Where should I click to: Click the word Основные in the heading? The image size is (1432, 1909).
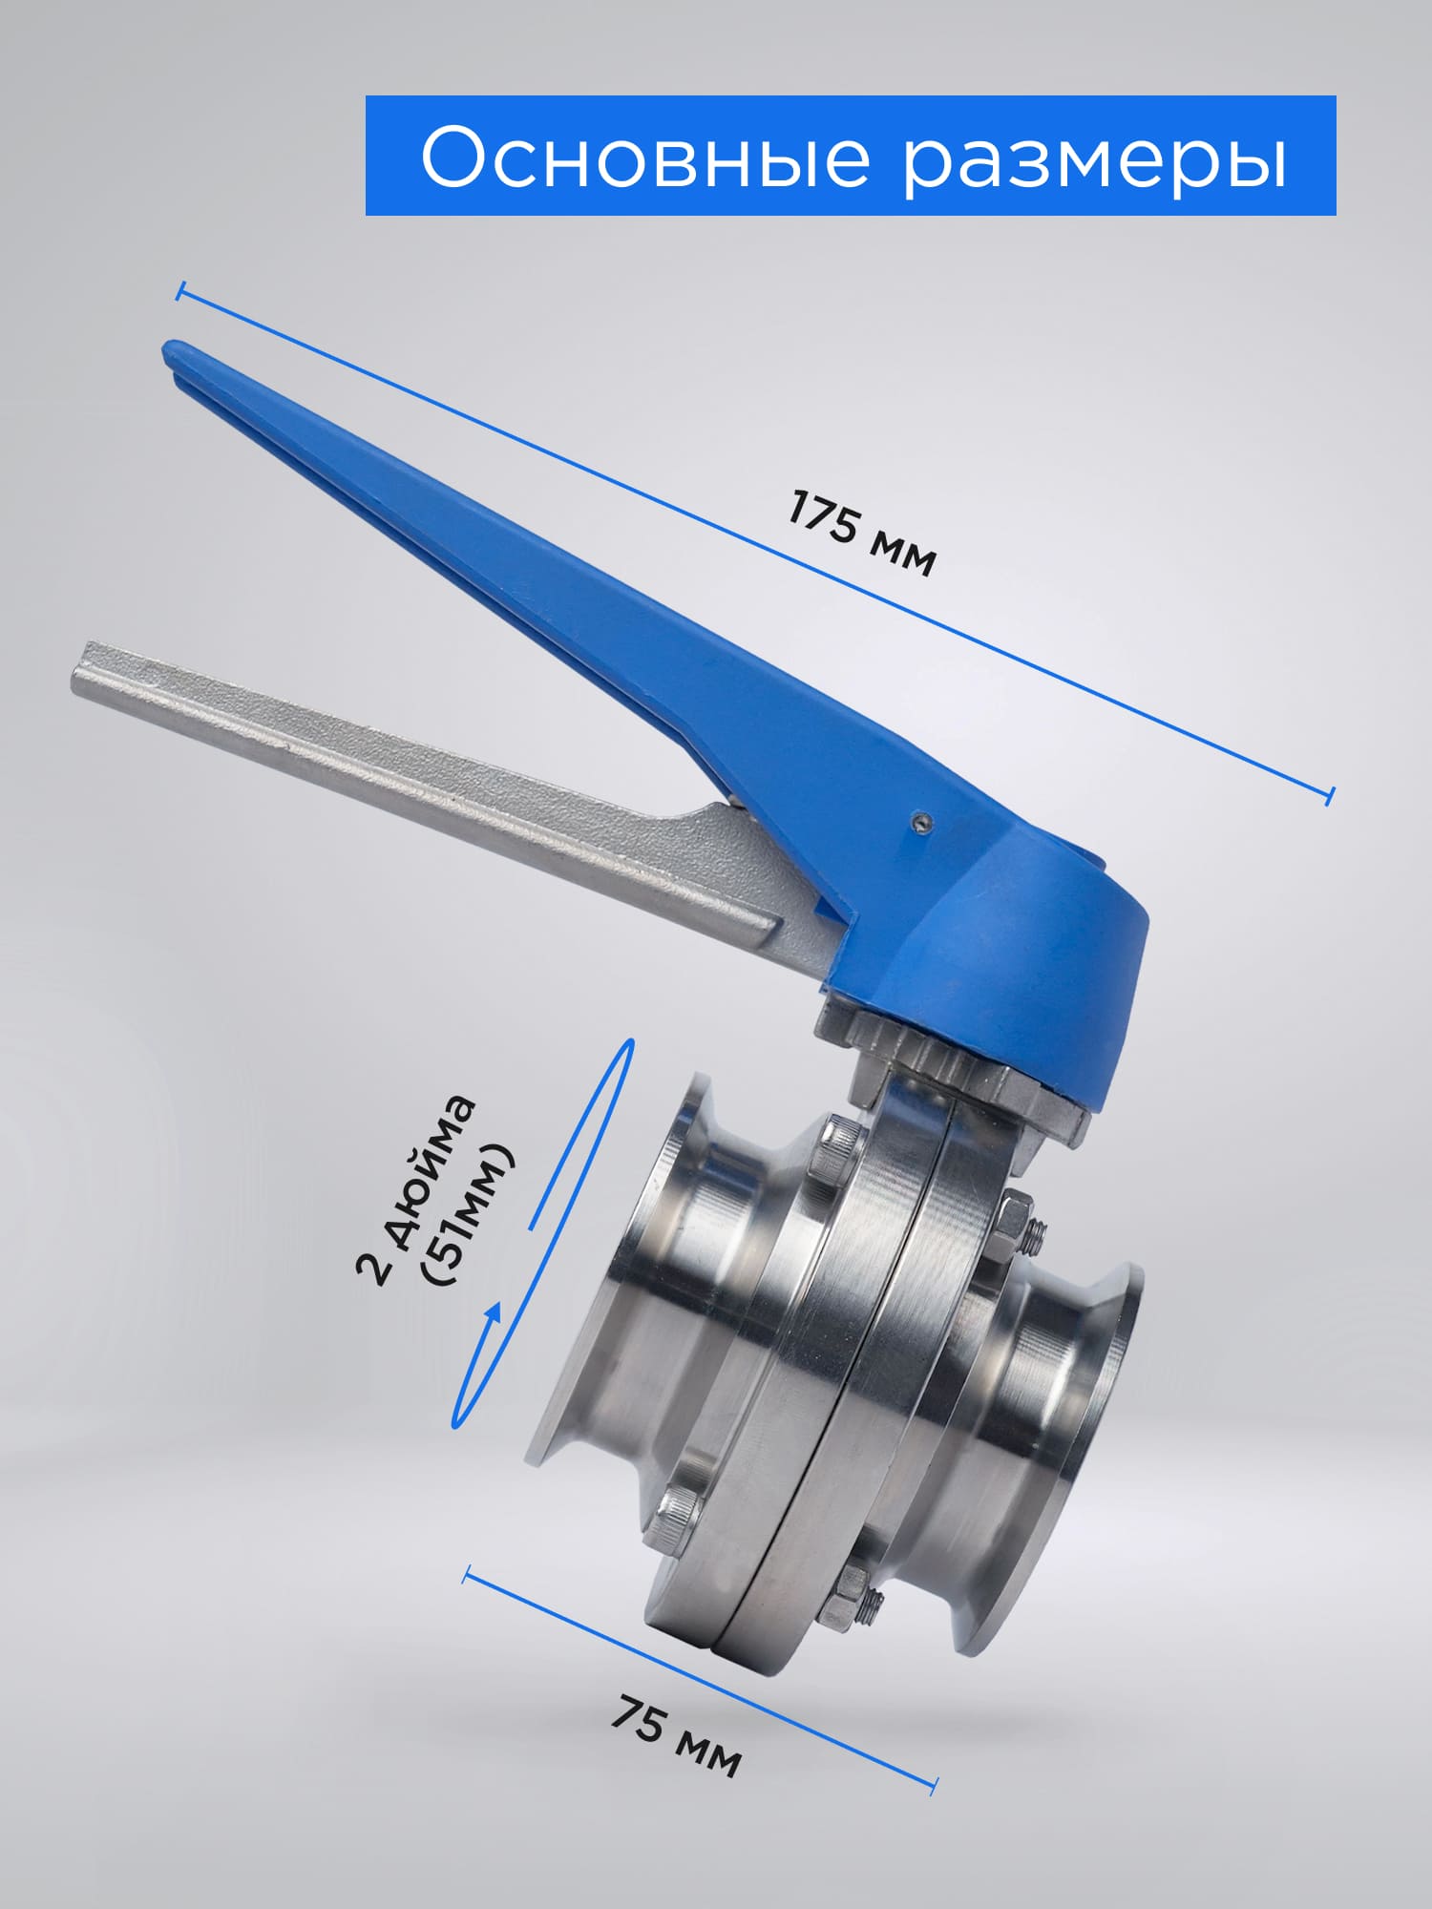(645, 157)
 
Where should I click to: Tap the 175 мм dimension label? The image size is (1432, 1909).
(861, 534)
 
